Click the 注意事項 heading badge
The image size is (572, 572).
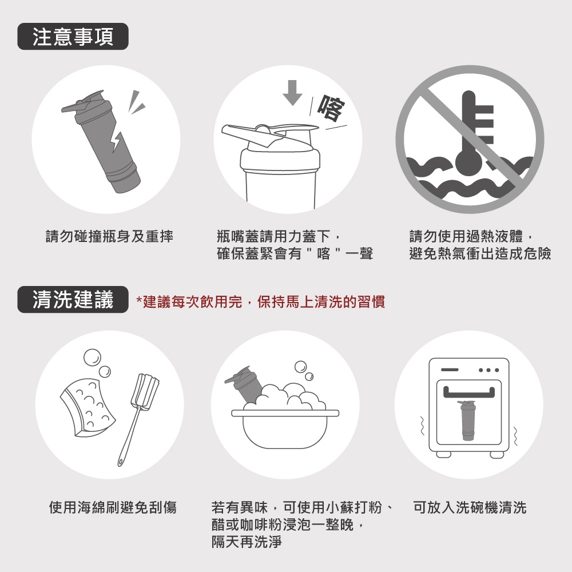point(73,37)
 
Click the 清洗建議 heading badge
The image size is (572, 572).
point(73,300)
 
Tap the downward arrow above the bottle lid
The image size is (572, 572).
point(292,93)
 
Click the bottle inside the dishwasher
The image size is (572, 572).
point(468,420)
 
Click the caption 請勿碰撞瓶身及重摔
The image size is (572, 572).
point(109,236)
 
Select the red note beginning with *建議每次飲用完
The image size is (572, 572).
point(261,302)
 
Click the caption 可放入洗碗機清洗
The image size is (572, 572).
point(470,507)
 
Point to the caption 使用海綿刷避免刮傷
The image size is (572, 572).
point(113,507)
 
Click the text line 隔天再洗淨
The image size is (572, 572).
point(247,542)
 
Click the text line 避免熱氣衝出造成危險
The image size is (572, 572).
point(480,253)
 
